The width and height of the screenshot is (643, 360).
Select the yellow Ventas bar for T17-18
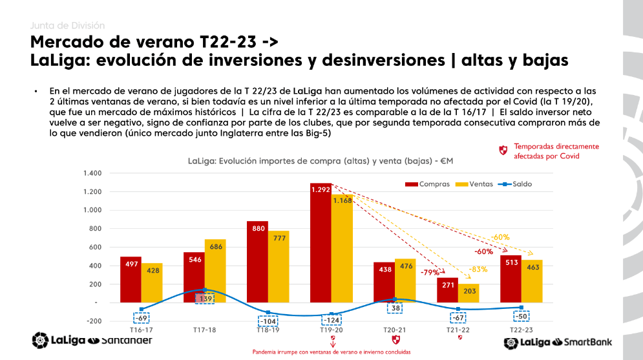(215, 271)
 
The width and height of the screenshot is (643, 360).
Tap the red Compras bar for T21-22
(447, 290)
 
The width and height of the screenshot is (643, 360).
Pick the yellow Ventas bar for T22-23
(532, 281)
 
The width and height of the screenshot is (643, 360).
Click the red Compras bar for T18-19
(257, 262)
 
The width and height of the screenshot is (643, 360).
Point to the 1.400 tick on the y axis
(92, 173)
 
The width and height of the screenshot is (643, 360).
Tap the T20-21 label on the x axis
(394, 330)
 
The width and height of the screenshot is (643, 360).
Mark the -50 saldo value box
(521, 316)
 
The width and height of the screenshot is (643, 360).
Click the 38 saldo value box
(395, 308)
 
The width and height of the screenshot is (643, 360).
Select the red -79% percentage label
(430, 272)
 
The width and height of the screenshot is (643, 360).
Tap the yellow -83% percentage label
(478, 268)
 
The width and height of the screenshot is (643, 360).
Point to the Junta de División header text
(67, 26)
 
